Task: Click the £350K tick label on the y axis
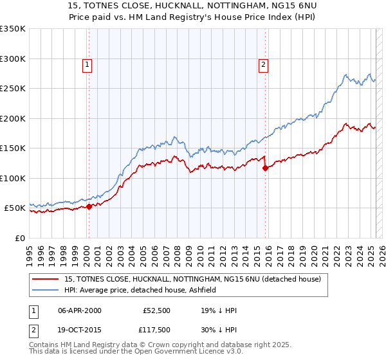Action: tap(13, 29)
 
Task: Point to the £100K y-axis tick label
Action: tap(13, 178)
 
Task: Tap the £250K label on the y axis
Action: tap(13, 89)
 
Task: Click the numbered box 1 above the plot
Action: tap(87, 64)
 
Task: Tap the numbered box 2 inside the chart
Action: tap(264, 64)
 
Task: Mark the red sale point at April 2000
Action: tap(89, 206)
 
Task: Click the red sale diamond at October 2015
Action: tap(266, 168)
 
